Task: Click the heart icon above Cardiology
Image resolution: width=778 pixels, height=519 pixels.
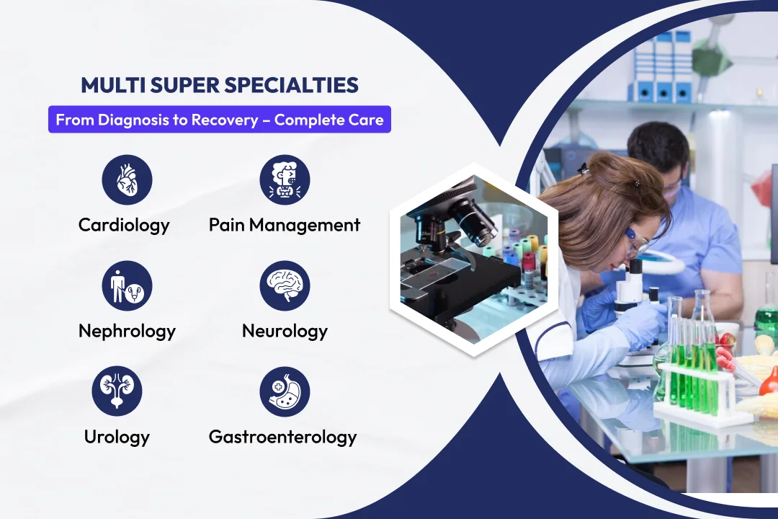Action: pyautogui.click(x=127, y=179)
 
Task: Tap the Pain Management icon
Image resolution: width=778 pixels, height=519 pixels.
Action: pyautogui.click(x=285, y=179)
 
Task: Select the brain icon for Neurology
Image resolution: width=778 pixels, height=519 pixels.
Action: pyautogui.click(x=285, y=285)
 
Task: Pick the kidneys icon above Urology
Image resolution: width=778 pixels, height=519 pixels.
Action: pyautogui.click(x=117, y=391)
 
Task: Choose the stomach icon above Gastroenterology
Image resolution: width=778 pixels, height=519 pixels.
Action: pyautogui.click(x=285, y=391)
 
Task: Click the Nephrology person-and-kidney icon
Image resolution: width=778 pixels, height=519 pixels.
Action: pyautogui.click(x=127, y=285)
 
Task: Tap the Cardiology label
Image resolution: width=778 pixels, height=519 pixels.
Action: pyautogui.click(x=124, y=225)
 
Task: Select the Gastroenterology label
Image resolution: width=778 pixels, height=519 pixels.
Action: pyautogui.click(x=283, y=437)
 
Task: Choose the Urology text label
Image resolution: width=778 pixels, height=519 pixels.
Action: pyautogui.click(x=117, y=437)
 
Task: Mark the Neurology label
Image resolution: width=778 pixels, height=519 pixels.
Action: pyautogui.click(x=285, y=332)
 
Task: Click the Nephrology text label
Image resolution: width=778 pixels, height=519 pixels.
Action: pyautogui.click(x=127, y=332)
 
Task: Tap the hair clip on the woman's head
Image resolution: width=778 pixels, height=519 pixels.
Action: pyautogui.click(x=636, y=183)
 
